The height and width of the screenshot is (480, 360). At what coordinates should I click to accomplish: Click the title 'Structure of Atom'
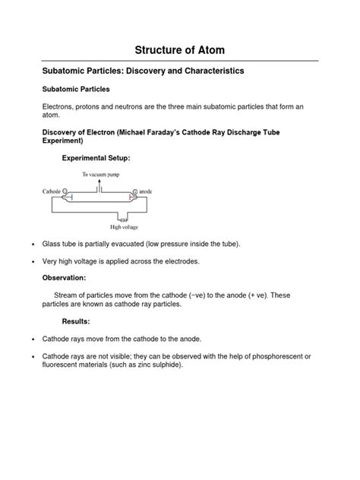(180, 50)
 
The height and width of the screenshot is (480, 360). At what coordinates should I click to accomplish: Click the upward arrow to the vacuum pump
(110, 183)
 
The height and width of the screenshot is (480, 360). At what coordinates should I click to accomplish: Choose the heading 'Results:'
(76, 321)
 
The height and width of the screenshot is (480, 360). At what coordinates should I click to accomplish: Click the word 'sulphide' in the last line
(167, 365)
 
